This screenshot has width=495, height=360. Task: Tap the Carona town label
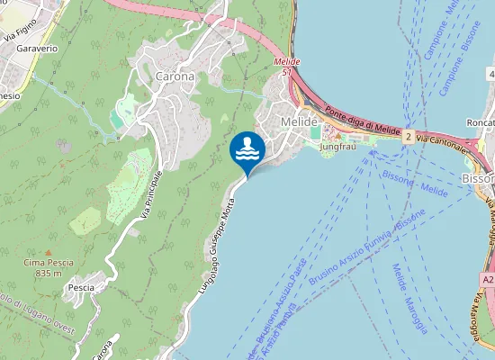click(175, 76)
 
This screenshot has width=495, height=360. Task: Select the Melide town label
click(300, 121)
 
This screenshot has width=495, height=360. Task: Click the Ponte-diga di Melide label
click(362, 123)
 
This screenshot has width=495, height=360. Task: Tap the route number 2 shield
click(408, 137)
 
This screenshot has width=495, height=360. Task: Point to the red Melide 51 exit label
click(285, 67)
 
